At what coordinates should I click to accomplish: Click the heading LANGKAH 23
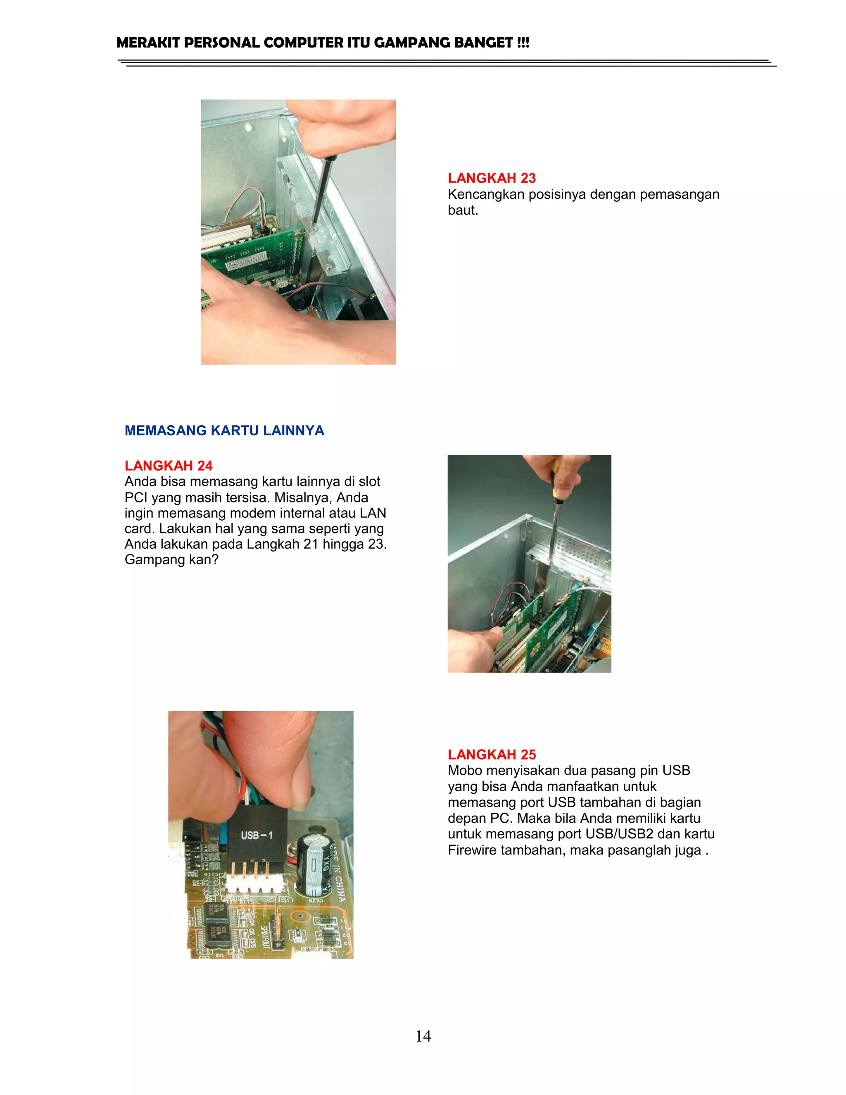pos(492,178)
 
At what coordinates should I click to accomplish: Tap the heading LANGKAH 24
pos(169,465)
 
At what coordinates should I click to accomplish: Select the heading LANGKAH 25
pos(492,755)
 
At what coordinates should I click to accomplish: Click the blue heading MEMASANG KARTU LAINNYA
pos(224,430)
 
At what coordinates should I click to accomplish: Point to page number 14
pos(423,1036)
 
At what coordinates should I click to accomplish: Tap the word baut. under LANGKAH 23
pos(463,210)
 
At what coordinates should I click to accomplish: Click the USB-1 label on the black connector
pos(257,835)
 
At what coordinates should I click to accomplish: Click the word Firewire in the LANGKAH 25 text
pos(472,850)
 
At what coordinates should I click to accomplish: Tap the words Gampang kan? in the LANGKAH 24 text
pos(171,559)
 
